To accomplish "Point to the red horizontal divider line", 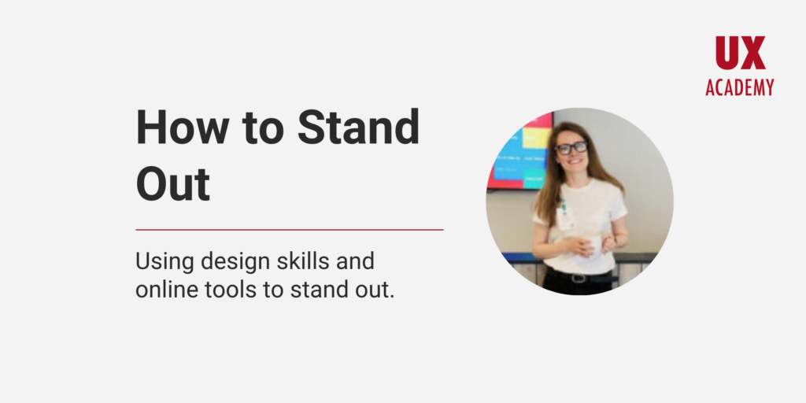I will click(x=289, y=230).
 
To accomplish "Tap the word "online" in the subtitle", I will click(x=163, y=289).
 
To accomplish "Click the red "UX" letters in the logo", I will click(x=740, y=54).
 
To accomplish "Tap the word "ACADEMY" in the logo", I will click(x=739, y=87).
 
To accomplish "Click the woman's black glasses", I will click(x=571, y=148).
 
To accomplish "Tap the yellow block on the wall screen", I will click(x=537, y=139).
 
